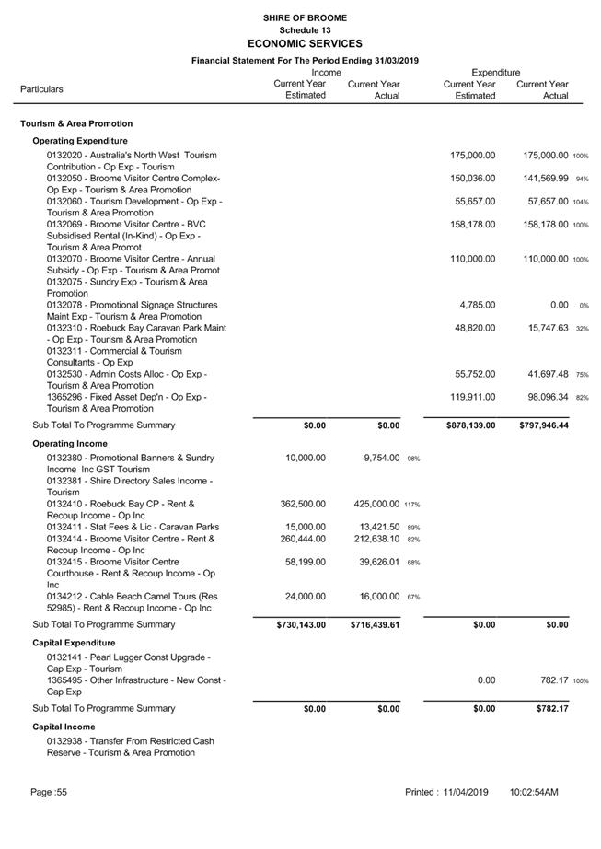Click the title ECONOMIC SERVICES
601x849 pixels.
point(305,43)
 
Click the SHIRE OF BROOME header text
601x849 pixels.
point(305,17)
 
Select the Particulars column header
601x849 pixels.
point(42,89)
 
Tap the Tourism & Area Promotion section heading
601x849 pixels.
point(76,123)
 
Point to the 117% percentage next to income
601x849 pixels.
point(411,505)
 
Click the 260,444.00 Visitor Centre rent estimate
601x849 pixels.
point(303,539)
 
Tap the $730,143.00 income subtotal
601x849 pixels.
point(301,624)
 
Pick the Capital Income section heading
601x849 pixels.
point(70,726)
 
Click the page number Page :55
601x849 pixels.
point(48,792)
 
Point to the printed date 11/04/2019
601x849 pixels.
point(465,792)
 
